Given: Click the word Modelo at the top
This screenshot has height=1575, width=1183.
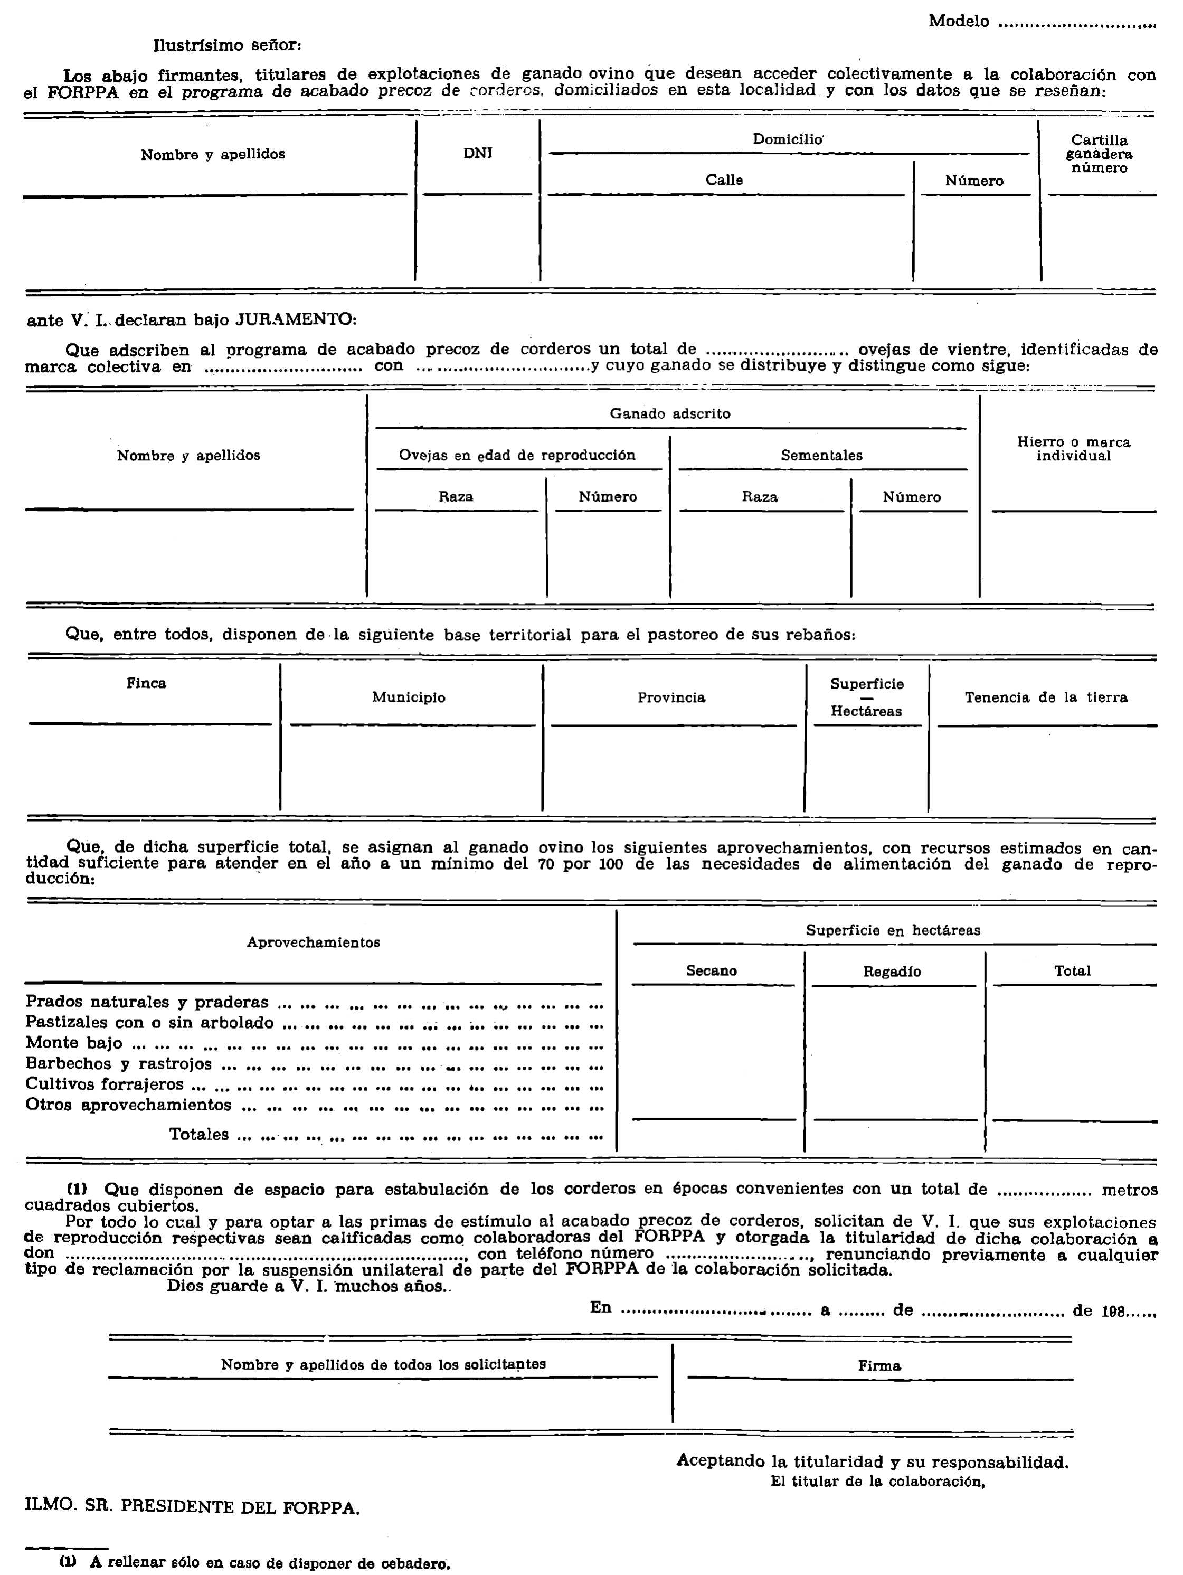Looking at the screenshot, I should [958, 21].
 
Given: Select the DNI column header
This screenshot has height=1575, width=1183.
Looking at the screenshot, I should [478, 153].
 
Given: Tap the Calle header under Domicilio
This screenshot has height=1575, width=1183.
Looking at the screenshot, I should [724, 180].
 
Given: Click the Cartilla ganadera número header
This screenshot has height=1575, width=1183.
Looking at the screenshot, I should [1099, 154].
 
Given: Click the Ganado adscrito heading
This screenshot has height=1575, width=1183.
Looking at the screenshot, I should [670, 414].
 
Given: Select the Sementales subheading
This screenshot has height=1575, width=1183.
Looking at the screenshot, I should [821, 456].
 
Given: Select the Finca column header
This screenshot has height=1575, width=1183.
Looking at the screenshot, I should [147, 684].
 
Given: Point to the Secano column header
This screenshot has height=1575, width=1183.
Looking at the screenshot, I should [711, 970].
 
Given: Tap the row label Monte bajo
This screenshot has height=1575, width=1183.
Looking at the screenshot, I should [74, 1044].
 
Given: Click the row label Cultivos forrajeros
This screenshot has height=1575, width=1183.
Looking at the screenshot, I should [105, 1084].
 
